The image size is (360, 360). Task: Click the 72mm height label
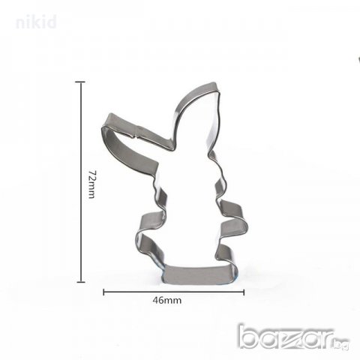coord(91,184)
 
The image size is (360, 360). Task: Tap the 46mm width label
coord(167,300)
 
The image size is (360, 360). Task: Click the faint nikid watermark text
coord(36,22)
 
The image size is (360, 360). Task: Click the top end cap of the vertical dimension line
coord(80,82)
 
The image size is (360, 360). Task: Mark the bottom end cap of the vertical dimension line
coord(80,282)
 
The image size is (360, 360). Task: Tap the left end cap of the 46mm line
coord(103,292)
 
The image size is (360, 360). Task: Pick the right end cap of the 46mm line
coord(244,292)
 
